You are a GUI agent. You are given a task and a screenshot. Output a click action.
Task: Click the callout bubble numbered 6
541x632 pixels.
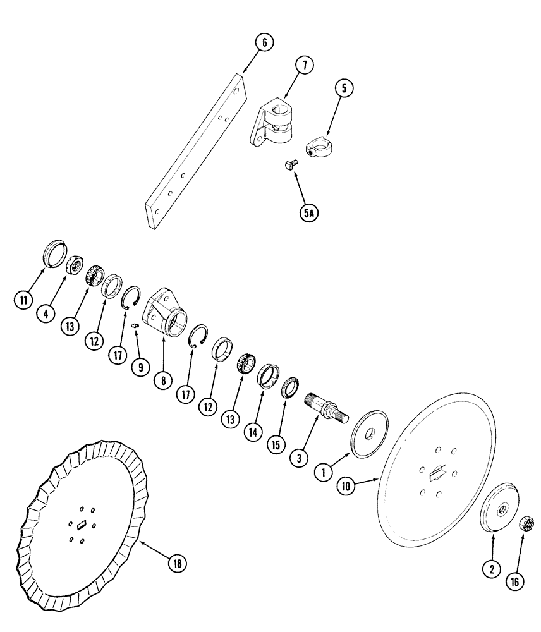[x=264, y=43]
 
